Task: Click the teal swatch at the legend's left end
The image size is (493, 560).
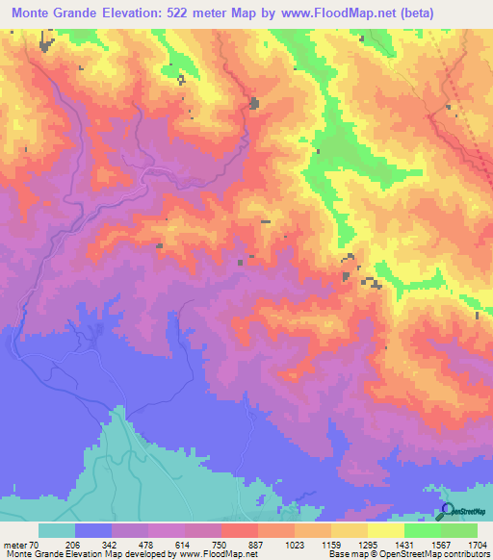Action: pos(57,530)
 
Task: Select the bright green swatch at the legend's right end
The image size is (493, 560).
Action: pos(459,530)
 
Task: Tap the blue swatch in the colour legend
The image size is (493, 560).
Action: pos(93,530)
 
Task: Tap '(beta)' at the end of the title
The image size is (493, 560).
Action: pos(406,13)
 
